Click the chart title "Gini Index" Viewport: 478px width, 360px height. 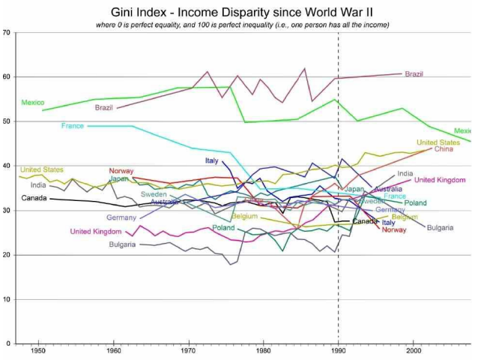161,11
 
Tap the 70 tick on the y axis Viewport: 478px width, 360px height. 7,33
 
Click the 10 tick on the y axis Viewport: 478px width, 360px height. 7,300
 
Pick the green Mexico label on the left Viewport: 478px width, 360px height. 33,102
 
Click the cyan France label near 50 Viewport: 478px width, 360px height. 73,126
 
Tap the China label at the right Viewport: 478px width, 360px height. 444,149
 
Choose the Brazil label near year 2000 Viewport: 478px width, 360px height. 414,74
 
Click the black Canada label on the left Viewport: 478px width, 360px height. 34,199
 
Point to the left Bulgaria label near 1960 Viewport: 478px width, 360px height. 121,244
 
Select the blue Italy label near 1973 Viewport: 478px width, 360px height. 211,161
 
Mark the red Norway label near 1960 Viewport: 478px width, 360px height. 121,171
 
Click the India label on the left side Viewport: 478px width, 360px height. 38,185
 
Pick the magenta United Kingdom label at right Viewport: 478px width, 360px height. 440,180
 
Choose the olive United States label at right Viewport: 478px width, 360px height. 438,142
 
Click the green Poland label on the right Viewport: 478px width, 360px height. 416,203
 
